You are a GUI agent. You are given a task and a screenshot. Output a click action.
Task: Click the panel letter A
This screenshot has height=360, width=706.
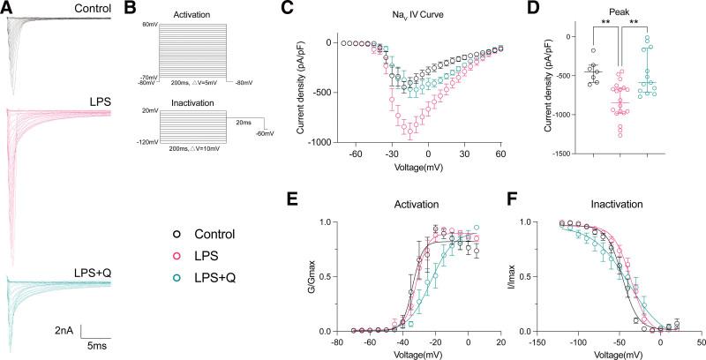click(7, 8)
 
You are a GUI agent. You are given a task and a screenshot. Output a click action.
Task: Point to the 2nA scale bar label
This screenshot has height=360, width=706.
click(64, 331)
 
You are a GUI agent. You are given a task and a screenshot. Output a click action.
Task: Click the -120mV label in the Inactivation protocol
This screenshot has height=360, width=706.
click(146, 141)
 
